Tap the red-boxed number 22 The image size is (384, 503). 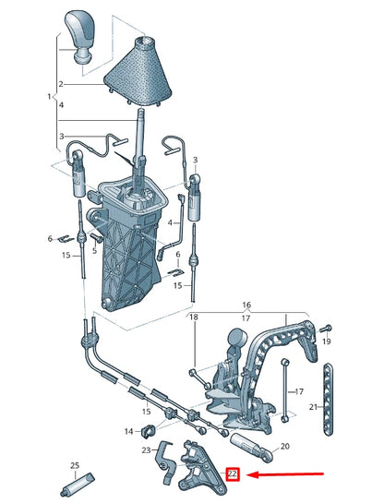click(x=233, y=474)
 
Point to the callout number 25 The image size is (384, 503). click(x=75, y=466)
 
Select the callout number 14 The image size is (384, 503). click(x=128, y=431)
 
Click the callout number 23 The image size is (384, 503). click(x=146, y=450)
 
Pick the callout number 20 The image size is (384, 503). click(x=285, y=446)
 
